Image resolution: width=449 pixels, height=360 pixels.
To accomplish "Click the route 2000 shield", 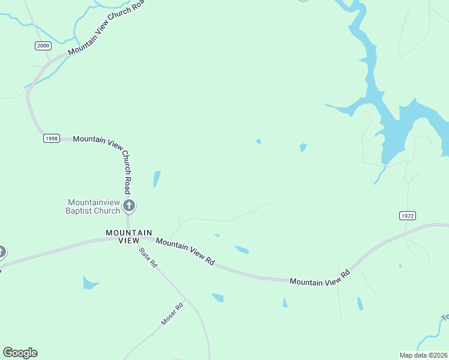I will coord(43,46).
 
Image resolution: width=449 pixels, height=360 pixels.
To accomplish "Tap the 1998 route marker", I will coord(52,139).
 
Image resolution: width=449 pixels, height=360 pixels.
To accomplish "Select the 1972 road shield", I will coord(407,215).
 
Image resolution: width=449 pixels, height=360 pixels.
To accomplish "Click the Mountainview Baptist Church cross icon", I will coord(128,206).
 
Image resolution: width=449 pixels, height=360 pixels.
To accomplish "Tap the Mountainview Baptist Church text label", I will coord(94,206).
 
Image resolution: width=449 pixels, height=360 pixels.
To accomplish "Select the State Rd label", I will coord(148,257).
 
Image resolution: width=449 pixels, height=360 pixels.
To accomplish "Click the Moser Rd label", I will coord(172,314).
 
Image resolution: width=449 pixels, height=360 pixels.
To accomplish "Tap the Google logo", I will coord(20,353).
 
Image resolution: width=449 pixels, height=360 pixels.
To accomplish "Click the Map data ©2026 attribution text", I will coord(424,355).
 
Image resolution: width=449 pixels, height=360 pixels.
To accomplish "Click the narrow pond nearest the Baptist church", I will coord(157,179).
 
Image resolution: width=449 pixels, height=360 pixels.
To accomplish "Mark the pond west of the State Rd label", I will coord(90,282).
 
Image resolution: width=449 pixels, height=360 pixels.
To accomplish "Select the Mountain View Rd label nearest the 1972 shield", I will coord(319,277).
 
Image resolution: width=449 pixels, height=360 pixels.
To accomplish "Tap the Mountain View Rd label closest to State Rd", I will coord(185,251).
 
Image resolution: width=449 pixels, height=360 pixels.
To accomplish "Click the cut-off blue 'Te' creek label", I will coord(445,317).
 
